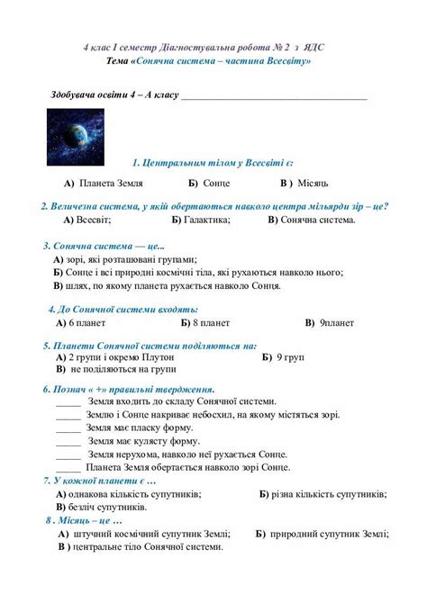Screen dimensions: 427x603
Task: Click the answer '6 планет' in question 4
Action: [x=87, y=321]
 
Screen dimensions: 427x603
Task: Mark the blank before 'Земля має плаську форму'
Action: [x=68, y=428]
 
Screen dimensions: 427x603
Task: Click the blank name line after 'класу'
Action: [x=275, y=94]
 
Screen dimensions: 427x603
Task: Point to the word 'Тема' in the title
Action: [x=116, y=60]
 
